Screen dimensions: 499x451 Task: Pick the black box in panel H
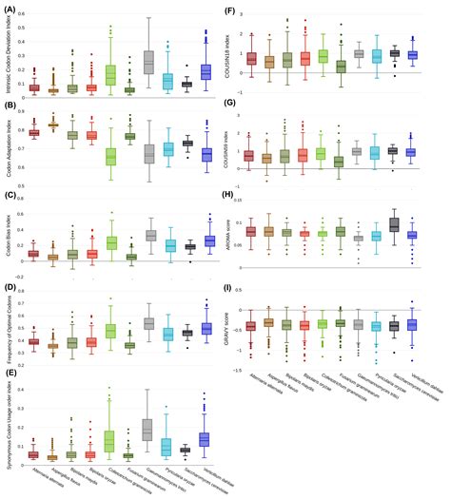coord(394,225)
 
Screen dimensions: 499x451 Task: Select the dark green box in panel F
coord(341,66)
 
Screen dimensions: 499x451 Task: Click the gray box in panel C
coord(149,235)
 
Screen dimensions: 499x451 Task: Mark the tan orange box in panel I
coord(269,322)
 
